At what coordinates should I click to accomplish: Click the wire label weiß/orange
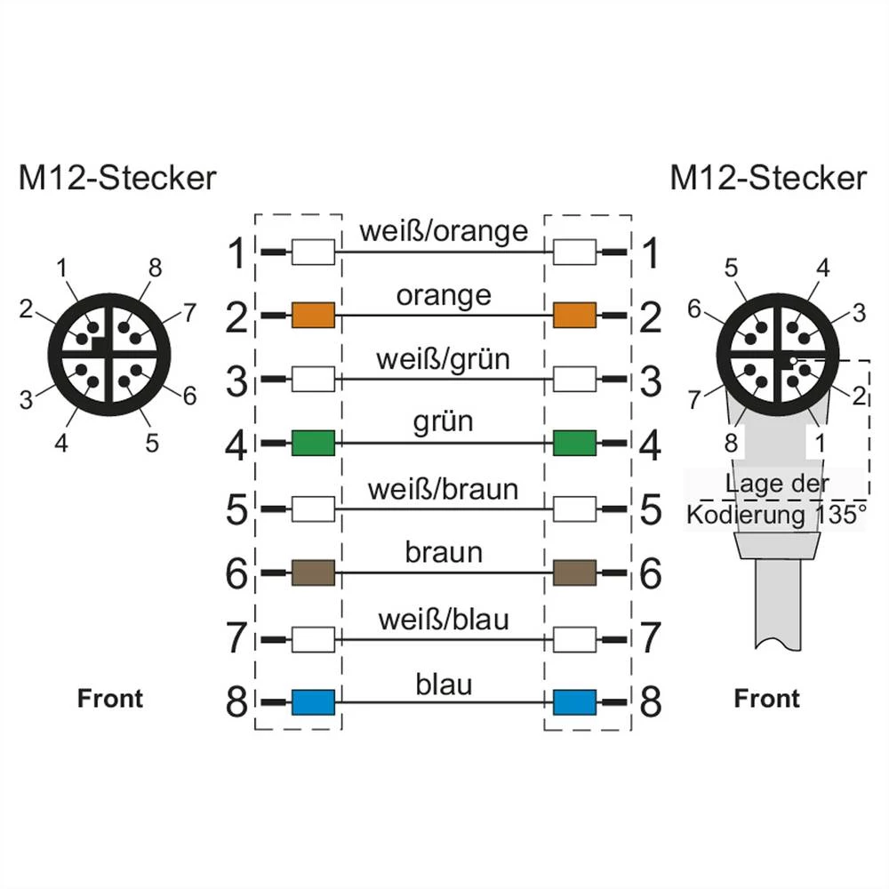444,231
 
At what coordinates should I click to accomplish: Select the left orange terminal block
313,315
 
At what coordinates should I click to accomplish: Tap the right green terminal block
574,443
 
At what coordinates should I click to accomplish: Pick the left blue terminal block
313,702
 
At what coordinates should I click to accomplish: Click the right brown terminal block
574,573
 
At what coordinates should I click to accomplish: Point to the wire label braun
444,553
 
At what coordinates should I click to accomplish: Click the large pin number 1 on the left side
236,256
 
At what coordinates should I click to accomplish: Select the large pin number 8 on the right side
651,703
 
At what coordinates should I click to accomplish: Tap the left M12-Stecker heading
117,178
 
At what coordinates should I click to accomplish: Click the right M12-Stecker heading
767,178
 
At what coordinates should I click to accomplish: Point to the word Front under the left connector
110,699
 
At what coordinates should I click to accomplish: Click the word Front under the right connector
766,699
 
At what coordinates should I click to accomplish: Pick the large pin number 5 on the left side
236,509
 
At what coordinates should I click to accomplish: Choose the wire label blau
444,684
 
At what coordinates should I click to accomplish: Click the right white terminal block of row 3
574,380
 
